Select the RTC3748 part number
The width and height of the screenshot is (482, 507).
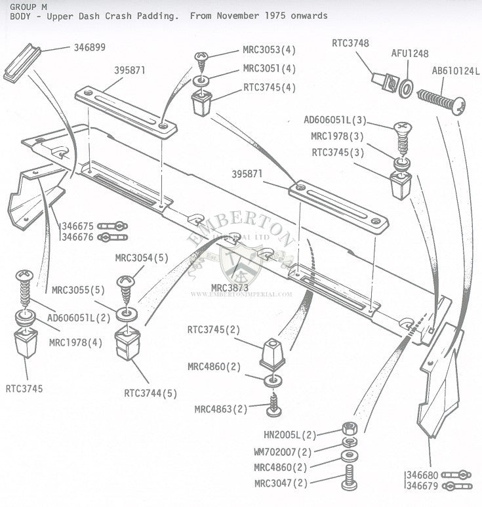350,44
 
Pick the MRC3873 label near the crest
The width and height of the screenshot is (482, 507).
230,287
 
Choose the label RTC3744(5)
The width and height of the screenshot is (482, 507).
150,394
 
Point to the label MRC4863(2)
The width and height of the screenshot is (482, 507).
220,409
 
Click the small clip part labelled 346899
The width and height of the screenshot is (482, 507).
21,64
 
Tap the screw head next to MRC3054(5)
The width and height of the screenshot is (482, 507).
126,283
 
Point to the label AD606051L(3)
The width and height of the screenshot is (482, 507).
335,121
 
